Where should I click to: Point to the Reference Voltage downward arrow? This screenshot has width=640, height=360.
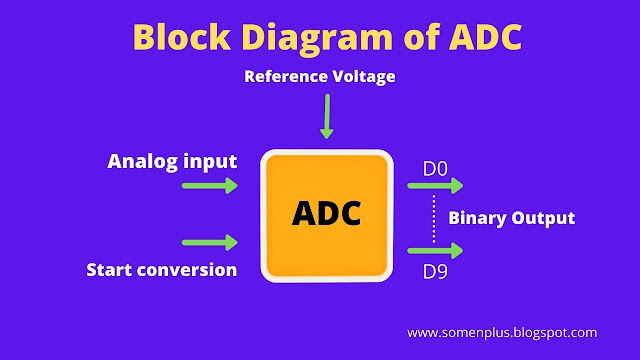click(325, 117)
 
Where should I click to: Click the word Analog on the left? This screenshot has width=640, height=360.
click(141, 160)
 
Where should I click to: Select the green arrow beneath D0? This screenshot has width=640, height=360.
click(437, 185)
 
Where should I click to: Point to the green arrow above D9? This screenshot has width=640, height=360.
click(437, 253)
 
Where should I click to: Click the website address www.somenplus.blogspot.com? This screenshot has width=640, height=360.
click(503, 331)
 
